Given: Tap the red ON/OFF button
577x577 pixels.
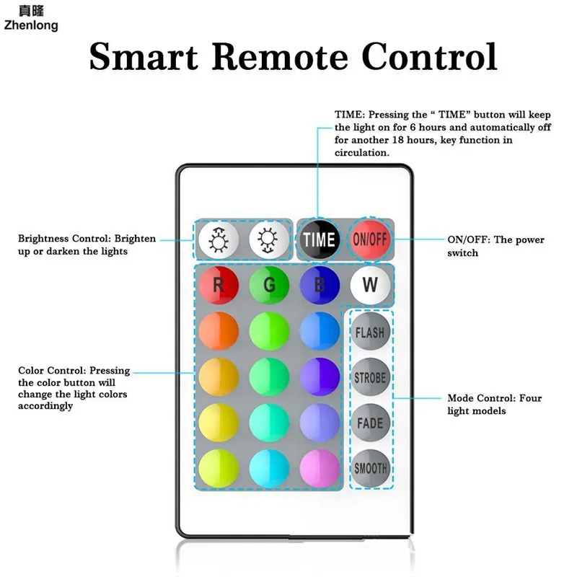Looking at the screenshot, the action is (370, 239).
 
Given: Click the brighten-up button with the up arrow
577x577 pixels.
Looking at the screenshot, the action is (219, 240).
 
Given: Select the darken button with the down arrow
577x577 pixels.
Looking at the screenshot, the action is (269, 240).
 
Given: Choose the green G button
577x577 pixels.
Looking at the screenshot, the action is (269, 285).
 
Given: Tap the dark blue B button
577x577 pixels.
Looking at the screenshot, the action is (320, 285).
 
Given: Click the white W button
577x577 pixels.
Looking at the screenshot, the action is (370, 285).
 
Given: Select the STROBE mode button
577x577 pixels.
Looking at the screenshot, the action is (370, 377).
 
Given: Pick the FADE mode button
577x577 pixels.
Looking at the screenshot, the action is (370, 423).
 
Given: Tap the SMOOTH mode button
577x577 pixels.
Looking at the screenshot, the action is (370, 468).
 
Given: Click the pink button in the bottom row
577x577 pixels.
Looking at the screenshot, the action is (320, 468).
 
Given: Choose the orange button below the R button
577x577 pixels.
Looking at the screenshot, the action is (219, 331).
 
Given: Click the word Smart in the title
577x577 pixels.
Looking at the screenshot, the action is (144, 56).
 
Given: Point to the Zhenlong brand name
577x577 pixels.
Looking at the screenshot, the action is (31, 25).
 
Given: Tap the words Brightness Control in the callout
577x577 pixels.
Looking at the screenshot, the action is (64, 239).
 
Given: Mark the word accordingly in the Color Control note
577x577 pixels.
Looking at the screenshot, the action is (45, 406).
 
